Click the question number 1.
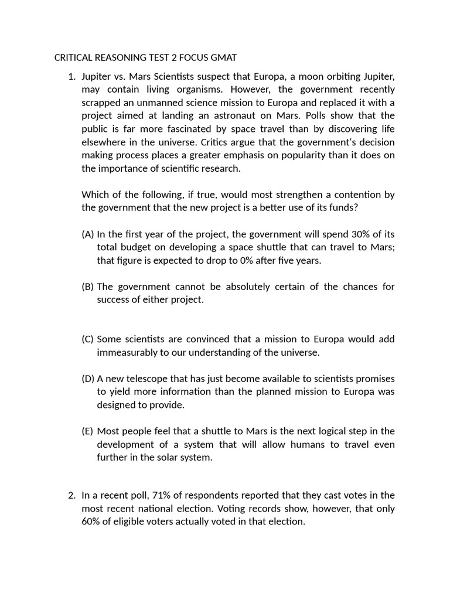click(x=71, y=77)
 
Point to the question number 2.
click(x=71, y=496)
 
